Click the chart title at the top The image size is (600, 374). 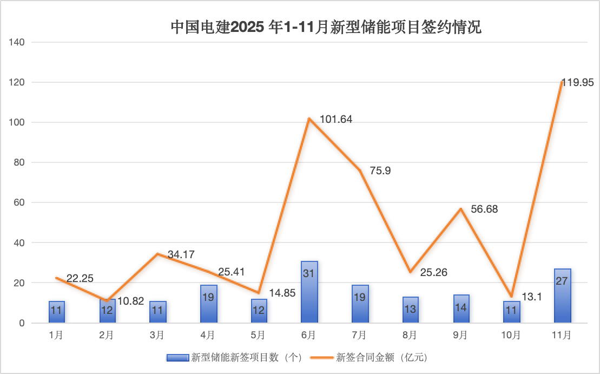click(326, 27)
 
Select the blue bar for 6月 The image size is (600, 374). click(309, 292)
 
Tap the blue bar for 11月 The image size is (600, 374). click(562, 296)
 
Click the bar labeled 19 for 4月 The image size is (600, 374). click(208, 304)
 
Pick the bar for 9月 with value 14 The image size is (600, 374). click(461, 309)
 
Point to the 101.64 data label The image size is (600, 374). click(336, 119)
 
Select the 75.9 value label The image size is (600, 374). click(380, 170)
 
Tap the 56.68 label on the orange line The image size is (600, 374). click(485, 209)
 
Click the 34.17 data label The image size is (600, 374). click(181, 254)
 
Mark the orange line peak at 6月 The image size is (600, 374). click(309, 119)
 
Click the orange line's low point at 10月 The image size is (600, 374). click(511, 297)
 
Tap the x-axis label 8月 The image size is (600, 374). click(410, 336)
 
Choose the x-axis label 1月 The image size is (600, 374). click(56, 336)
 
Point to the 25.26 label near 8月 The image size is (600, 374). click(433, 272)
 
